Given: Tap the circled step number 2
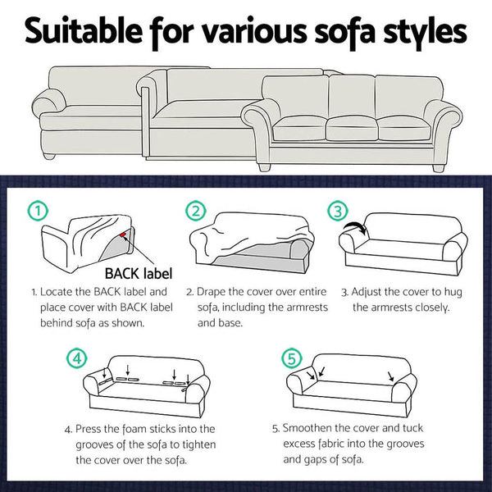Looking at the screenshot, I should pyautogui.click(x=194, y=211).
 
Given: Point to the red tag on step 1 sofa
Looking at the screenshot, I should pyautogui.click(x=122, y=236).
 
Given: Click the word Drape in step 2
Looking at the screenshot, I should pyautogui.click(x=216, y=292).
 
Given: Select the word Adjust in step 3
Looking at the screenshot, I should pyautogui.click(x=369, y=292).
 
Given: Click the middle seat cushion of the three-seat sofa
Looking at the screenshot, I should pyautogui.click(x=352, y=128).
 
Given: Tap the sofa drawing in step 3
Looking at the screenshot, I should pyautogui.click(x=404, y=244).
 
